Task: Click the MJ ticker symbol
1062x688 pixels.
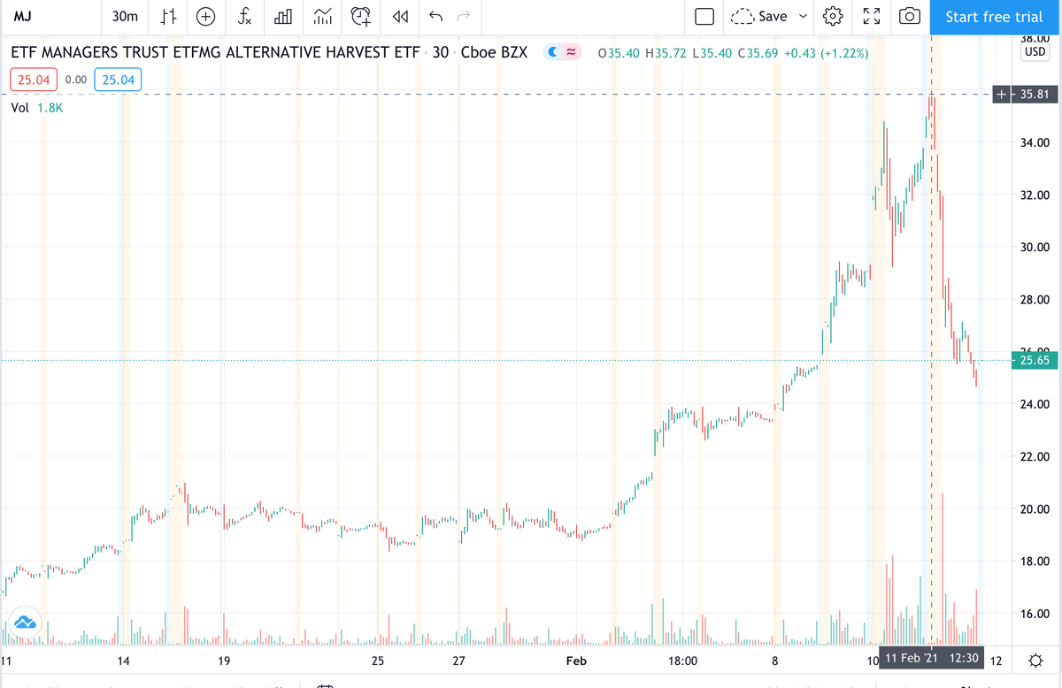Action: tap(25, 17)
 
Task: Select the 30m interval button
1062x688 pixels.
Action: tap(126, 17)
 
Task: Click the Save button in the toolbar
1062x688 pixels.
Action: tap(772, 17)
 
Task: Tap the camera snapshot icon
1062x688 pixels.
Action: tap(909, 17)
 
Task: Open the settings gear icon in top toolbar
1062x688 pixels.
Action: tap(833, 17)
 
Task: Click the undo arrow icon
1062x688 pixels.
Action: tap(435, 17)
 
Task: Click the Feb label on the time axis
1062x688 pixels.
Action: tap(577, 661)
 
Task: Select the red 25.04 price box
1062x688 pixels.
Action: tap(34, 80)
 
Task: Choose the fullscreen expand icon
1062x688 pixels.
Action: tap(871, 17)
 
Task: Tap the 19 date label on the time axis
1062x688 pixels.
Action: tap(224, 661)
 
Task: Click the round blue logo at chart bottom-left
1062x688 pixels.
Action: tap(24, 622)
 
